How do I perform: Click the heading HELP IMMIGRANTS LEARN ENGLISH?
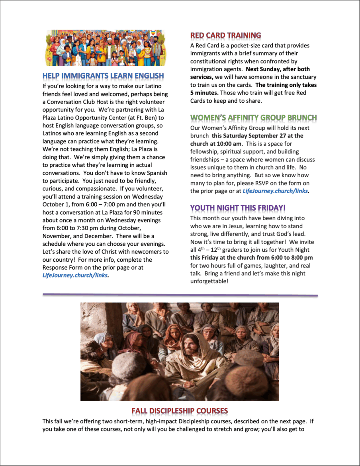click(x=103, y=76)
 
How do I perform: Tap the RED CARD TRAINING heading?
click(x=225, y=35)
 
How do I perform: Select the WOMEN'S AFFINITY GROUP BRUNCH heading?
click(x=253, y=117)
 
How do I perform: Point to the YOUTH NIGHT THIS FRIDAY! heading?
click(x=238, y=208)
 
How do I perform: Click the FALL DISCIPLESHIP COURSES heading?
click(x=180, y=411)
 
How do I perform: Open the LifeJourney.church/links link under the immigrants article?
click(x=75, y=275)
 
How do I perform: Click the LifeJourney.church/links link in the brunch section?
click(x=275, y=191)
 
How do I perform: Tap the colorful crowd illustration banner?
click(x=106, y=48)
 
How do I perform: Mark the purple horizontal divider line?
click(x=180, y=295)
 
